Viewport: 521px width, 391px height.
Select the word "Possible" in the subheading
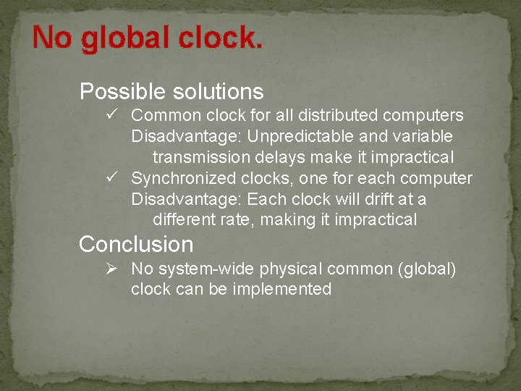click(123, 92)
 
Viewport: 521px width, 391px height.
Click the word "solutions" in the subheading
click(218, 92)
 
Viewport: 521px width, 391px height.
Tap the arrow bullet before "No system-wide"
click(111, 269)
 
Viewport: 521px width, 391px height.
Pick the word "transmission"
click(200, 157)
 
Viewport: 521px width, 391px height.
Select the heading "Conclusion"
click(136, 244)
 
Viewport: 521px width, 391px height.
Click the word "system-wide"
click(205, 269)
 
